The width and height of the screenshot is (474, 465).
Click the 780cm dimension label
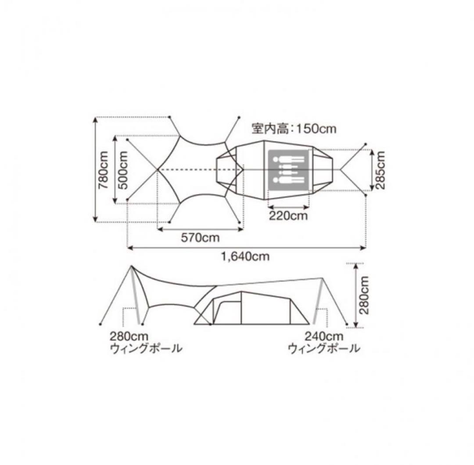(104, 170)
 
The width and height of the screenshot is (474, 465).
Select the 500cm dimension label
(123, 170)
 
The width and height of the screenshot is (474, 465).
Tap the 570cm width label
(200, 238)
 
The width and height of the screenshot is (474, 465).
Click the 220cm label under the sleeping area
(288, 216)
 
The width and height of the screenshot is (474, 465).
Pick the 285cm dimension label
(381, 170)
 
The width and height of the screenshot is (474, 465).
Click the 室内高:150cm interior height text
(294, 129)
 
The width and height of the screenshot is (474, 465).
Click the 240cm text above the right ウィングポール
(324, 337)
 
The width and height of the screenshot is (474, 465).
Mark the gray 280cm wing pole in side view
(137, 299)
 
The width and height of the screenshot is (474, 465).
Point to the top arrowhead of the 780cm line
(96, 120)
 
